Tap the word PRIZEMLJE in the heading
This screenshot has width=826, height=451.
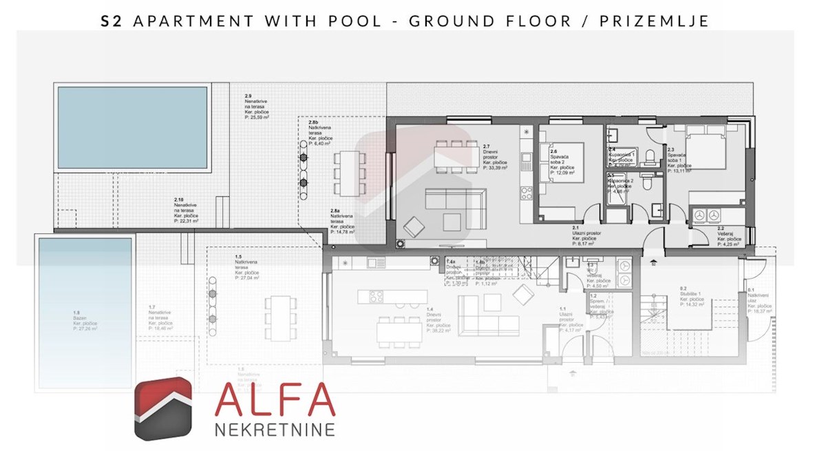pyautogui.click(x=655, y=21)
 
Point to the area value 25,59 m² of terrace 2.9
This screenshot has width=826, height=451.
pyautogui.click(x=257, y=118)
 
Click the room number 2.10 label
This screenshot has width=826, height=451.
pyautogui.click(x=180, y=200)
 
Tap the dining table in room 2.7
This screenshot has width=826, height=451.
pyautogui.click(x=456, y=153)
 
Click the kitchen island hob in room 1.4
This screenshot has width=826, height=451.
pyautogui.click(x=376, y=297)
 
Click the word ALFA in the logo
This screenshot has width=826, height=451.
pyautogui.click(x=275, y=402)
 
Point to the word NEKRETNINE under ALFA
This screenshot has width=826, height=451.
pyautogui.click(x=275, y=430)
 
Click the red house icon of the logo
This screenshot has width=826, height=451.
pyautogui.click(x=162, y=408)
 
